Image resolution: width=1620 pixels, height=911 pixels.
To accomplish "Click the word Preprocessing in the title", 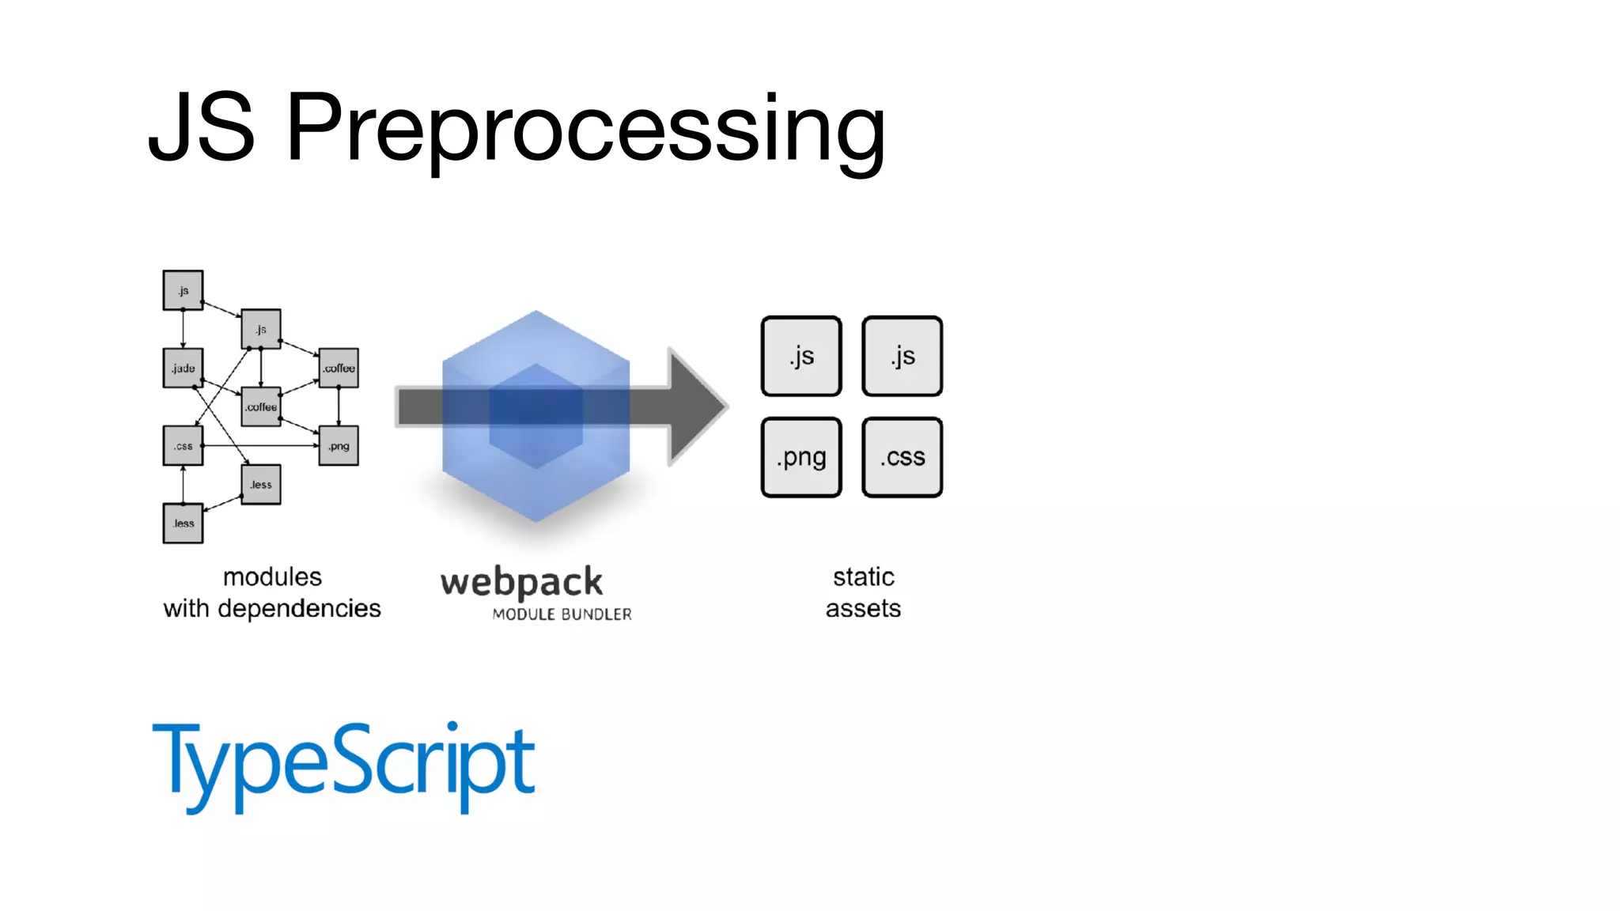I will point(585,128).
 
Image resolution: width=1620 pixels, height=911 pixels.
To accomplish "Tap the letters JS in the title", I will point(202,128).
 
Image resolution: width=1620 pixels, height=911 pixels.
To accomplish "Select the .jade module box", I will point(183,369).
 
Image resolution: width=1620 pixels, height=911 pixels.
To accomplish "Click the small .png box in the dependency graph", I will point(339,446).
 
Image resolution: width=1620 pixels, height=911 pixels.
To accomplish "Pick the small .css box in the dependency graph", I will point(183,446).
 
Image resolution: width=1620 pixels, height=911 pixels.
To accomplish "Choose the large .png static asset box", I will point(801,457).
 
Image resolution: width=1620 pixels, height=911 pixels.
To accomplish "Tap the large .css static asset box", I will point(903,457).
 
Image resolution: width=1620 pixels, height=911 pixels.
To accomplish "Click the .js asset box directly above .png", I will point(801,356).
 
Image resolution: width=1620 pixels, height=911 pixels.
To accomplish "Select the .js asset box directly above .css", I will point(903,356).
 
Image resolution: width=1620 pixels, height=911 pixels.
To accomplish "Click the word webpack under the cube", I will point(522,583).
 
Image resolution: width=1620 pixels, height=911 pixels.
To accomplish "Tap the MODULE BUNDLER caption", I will point(562,614).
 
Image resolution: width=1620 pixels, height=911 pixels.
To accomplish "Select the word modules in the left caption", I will point(272,577).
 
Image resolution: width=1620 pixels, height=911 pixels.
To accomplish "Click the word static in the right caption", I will point(863,577).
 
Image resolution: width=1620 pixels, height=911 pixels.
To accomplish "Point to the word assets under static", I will point(863,609).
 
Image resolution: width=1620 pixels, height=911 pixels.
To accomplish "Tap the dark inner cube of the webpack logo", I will point(536,416).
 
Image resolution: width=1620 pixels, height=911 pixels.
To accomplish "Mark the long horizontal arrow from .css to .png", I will point(261,446).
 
